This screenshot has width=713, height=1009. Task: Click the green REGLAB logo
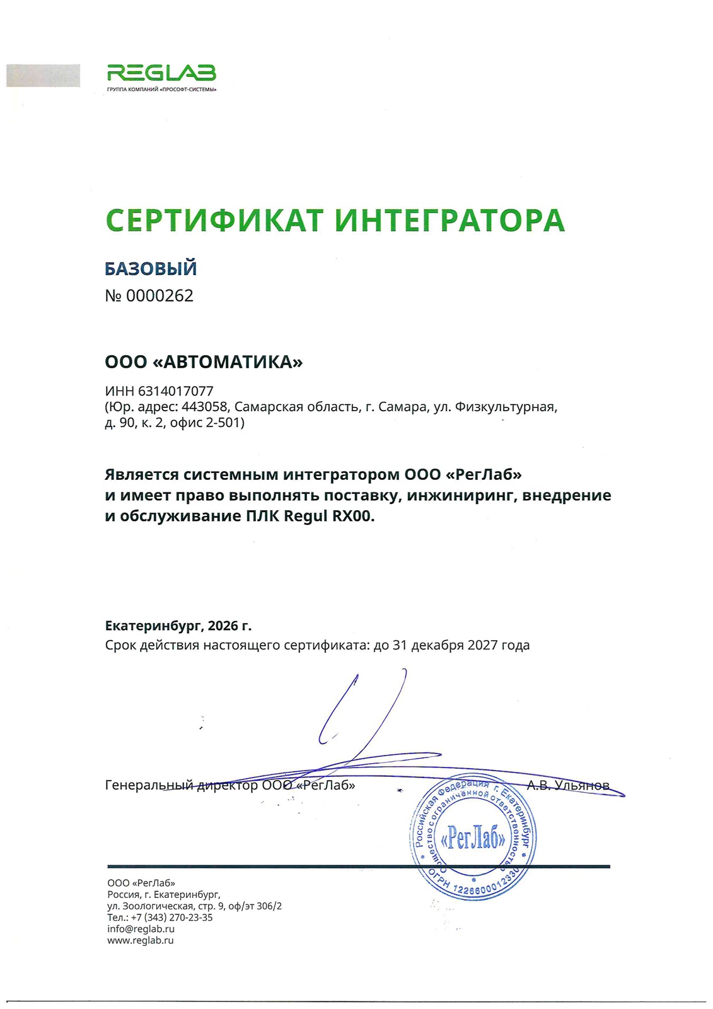[x=161, y=74]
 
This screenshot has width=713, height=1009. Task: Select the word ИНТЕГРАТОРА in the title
[x=449, y=220]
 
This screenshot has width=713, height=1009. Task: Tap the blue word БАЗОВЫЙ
[x=151, y=269]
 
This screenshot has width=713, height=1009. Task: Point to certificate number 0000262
[x=159, y=296]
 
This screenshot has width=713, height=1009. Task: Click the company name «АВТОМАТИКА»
[x=228, y=362]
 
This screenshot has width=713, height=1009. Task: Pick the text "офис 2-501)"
[x=207, y=423]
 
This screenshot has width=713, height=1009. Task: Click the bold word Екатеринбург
[x=153, y=626]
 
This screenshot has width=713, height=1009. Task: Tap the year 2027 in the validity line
[x=482, y=645]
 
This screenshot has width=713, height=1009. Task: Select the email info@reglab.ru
[x=141, y=929]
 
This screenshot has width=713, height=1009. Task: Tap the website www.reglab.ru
[x=140, y=940]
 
